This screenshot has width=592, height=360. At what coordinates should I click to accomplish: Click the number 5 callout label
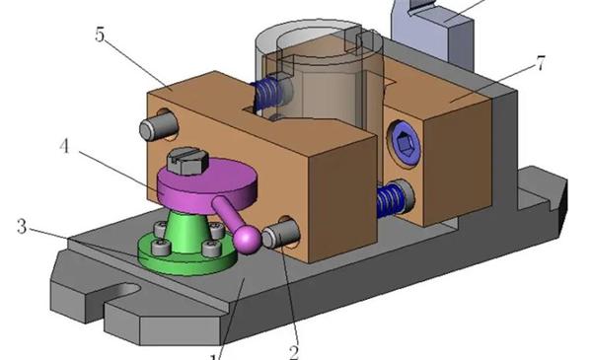[x=100, y=35]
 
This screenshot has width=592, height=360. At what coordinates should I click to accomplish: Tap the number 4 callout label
[x=64, y=146]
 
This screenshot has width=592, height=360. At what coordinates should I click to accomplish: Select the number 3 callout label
[x=22, y=227]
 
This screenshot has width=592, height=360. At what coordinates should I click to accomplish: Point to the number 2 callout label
[x=294, y=352]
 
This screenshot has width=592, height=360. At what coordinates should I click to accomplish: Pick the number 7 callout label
[x=541, y=63]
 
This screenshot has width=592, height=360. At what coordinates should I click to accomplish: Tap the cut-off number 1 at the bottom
[x=214, y=357]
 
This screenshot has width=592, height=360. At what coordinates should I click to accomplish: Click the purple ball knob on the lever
[x=247, y=239]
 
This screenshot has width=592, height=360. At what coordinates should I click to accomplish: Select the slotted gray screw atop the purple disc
[x=187, y=161]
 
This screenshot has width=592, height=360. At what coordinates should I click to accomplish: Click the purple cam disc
[x=207, y=184]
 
